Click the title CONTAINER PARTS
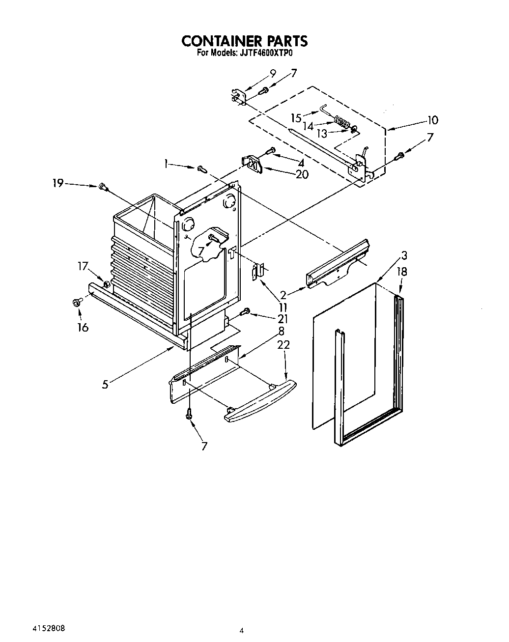tap(245, 40)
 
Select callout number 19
tap(58, 183)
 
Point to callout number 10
tap(432, 120)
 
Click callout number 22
tap(283, 345)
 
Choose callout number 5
tap(105, 385)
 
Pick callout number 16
tap(83, 327)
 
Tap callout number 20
tap(302, 174)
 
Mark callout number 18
tap(402, 272)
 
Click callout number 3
tap(404, 255)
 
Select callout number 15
tap(296, 118)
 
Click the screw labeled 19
tap(103, 186)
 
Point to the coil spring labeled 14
tap(340, 121)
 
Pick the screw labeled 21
tap(246, 311)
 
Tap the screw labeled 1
tap(201, 169)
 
